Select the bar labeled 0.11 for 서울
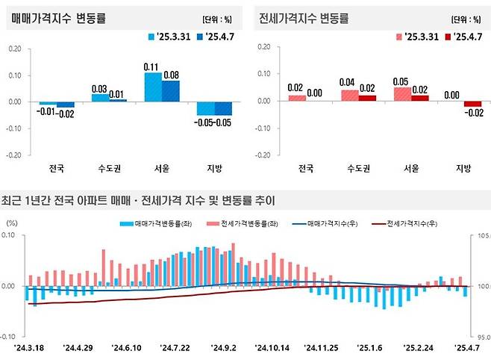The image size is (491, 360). [152, 87]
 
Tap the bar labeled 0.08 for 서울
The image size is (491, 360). [170, 90]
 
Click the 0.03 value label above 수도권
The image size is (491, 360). [98, 88]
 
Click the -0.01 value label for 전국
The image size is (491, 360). [47, 112]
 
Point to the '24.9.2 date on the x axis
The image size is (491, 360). [223, 347]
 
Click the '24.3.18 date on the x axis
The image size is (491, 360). [29, 347]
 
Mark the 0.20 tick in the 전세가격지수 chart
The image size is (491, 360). [261, 48]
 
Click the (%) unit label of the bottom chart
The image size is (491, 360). [12, 223]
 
